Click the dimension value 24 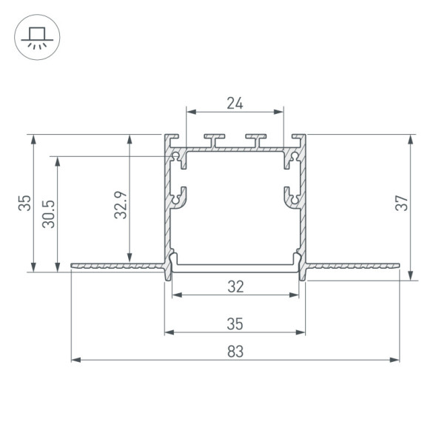tap(235, 104)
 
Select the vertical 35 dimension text tap(24, 203)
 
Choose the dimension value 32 tap(235, 286)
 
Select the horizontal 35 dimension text tap(235, 323)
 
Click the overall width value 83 tap(235, 352)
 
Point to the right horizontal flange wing tap(352, 265)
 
